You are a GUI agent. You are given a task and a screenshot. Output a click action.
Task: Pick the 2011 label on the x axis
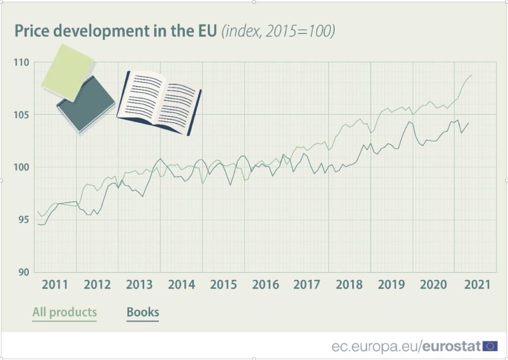[x=55, y=285]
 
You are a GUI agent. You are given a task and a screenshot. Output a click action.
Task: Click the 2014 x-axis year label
[x=181, y=285]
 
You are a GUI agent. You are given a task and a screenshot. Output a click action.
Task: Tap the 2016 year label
[x=266, y=285]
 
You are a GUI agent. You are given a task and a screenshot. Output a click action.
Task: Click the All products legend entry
[x=65, y=312]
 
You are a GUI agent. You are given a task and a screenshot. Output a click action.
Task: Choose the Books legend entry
[x=143, y=312]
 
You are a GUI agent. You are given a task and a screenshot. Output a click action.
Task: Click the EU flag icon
[x=490, y=346]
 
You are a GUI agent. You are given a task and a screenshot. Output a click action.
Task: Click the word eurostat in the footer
[x=452, y=346]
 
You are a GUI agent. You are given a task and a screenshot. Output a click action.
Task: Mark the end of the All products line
[x=472, y=76]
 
